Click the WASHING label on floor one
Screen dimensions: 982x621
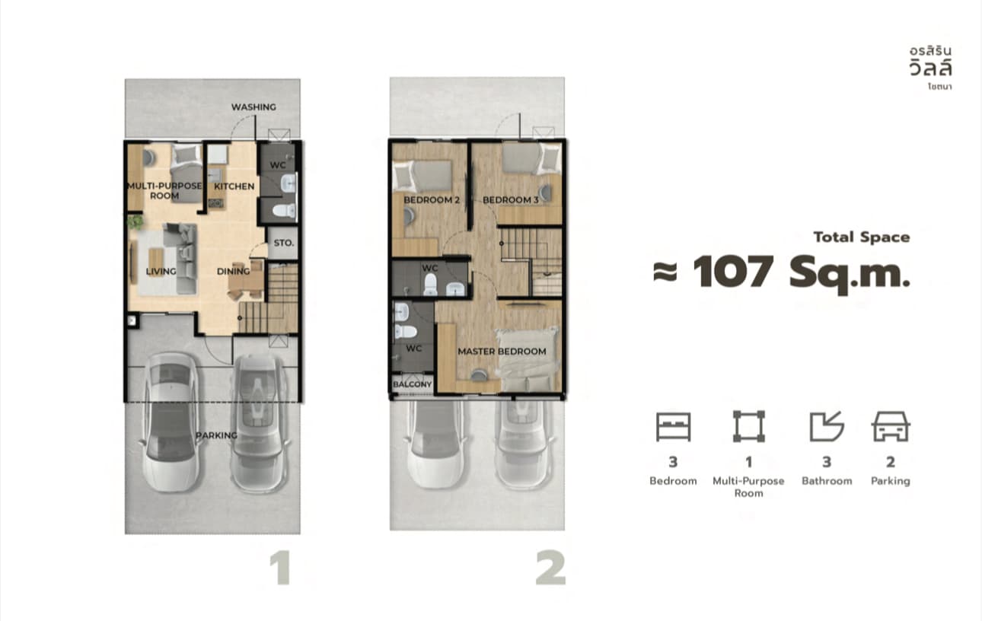click(x=253, y=107)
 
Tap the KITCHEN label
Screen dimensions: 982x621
click(x=234, y=186)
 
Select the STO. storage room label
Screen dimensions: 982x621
click(x=284, y=243)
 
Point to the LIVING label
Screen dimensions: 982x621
click(x=161, y=271)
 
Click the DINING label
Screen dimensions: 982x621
click(x=233, y=271)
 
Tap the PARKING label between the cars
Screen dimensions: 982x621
click(x=216, y=435)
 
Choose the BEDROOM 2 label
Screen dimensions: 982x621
click(x=432, y=200)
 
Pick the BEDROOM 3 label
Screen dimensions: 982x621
click(x=510, y=200)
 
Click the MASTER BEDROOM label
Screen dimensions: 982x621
click(x=502, y=352)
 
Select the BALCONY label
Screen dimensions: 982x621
click(x=412, y=384)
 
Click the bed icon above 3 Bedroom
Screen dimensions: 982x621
click(x=674, y=426)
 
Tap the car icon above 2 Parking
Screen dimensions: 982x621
click(x=891, y=426)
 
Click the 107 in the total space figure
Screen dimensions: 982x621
click(x=733, y=272)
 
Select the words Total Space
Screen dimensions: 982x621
click(x=862, y=237)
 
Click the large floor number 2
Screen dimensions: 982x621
click(x=550, y=568)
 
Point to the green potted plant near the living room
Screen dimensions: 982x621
click(x=136, y=221)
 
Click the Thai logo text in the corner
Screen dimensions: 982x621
click(x=930, y=68)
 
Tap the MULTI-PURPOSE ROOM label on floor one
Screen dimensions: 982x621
click(x=164, y=191)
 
